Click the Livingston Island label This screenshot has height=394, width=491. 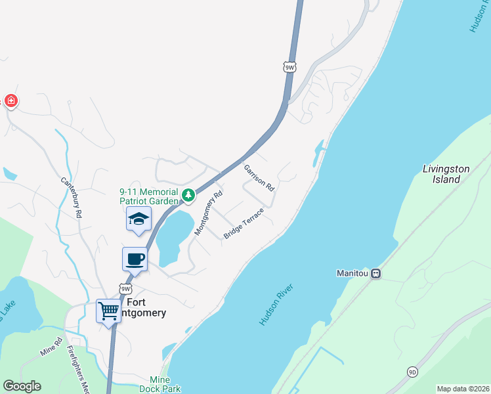coord(446,173)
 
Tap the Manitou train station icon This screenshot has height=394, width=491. coord(376,273)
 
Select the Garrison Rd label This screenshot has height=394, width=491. coord(259,177)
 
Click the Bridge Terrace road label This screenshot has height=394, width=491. coord(243,224)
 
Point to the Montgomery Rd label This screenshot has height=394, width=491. coord(209,213)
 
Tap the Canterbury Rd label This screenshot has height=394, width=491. coord(72,197)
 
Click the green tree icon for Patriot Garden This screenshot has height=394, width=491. coord(188,195)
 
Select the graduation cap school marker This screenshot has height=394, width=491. coord(139,219)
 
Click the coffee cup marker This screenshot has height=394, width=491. coord(135,259)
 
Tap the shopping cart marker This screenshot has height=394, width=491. coord(108,309)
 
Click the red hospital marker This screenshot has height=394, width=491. coord(11,100)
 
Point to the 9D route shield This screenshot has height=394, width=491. coord(412,371)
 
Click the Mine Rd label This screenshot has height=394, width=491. coord(51,347)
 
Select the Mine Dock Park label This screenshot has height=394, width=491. coord(160,384)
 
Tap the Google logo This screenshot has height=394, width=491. coord(22,386)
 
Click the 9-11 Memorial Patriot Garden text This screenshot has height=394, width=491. coord(149,196)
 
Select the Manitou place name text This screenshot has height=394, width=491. coord(351,273)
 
